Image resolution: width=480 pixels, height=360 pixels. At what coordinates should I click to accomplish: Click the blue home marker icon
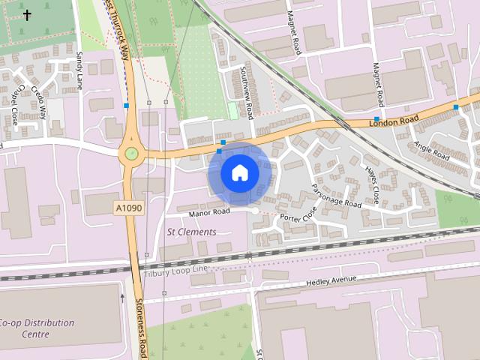click(x=239, y=173)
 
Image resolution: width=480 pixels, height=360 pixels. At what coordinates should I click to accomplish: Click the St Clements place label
click(x=190, y=232)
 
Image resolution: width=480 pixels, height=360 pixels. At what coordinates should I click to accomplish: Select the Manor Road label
click(x=209, y=214)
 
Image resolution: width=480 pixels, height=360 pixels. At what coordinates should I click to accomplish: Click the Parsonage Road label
click(x=336, y=196)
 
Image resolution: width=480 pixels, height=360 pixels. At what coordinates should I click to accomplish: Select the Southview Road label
click(x=247, y=92)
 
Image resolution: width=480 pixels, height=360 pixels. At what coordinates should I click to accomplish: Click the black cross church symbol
click(x=28, y=15)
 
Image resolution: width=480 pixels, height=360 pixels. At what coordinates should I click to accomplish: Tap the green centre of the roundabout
click(x=131, y=154)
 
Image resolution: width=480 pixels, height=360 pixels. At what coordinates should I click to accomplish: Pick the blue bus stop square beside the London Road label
click(x=376, y=119)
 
